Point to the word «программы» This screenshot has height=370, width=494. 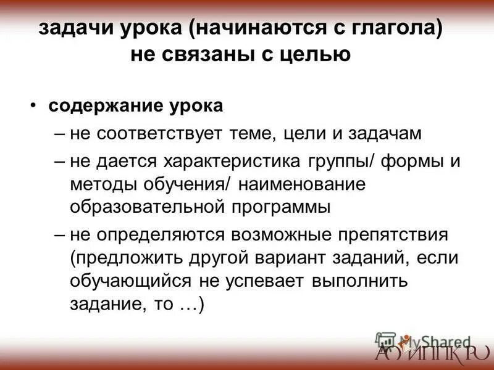pyautogui.click(x=282, y=206)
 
